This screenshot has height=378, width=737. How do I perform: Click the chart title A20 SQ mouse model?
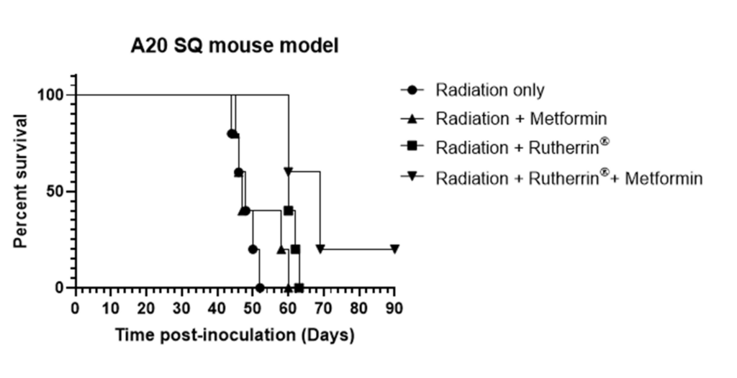tap(235, 46)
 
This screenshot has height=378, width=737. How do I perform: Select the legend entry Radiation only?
tap(489, 90)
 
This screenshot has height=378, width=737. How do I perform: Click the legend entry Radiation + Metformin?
tap(521, 119)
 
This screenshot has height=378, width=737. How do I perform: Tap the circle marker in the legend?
tap(412, 90)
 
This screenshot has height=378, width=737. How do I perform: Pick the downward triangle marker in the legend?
tap(412, 177)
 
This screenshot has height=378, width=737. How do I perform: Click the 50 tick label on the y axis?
tap(55, 192)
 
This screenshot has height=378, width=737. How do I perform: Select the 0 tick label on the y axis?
tap(60, 287)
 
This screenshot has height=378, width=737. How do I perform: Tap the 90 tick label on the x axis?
tap(394, 308)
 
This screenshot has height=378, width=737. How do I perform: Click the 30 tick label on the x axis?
tap(181, 308)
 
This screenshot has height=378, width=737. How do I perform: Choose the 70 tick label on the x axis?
tap(323, 308)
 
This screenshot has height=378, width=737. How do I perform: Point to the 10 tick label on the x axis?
tap(110, 308)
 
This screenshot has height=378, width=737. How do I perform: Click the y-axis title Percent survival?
tap(20, 181)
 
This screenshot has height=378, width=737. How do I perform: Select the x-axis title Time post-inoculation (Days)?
tap(235, 336)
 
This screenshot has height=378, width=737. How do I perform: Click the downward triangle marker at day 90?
tap(395, 249)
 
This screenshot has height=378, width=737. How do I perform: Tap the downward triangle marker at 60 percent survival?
tap(288, 172)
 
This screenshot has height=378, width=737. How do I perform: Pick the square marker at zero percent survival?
tap(299, 287)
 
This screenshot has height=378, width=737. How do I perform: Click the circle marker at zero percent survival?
tap(259, 287)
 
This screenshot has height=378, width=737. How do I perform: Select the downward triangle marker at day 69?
tap(320, 249)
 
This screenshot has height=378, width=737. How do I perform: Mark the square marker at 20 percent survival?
tap(295, 249)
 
